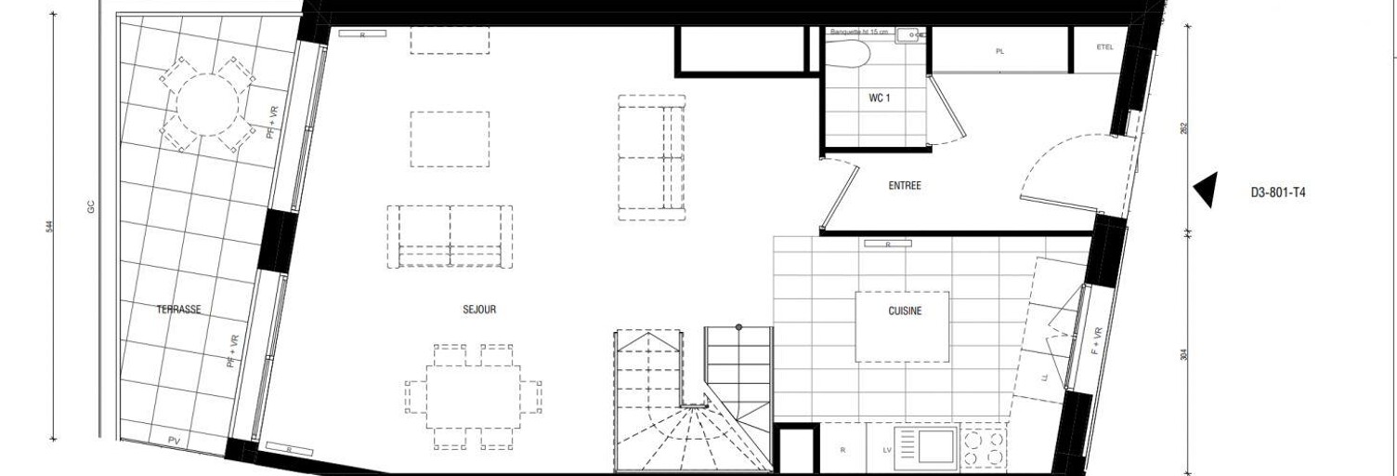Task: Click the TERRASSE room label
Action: tap(178, 310)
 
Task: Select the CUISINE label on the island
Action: tap(904, 311)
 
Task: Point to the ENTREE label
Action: tap(904, 186)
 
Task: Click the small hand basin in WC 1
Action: tap(907, 36)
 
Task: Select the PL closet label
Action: tap(999, 52)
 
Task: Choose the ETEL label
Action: tap(1103, 46)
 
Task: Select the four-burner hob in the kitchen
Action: tap(984, 448)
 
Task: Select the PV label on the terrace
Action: tap(174, 440)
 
